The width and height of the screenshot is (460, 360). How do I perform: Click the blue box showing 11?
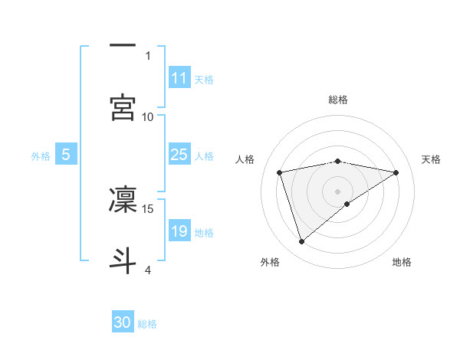click(x=179, y=78)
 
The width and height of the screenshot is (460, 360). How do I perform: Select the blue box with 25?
click(x=179, y=155)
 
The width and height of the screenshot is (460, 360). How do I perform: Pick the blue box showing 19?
click(x=179, y=231)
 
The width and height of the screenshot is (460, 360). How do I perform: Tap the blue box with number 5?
click(x=66, y=155)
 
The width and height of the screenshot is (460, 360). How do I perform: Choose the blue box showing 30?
click(x=123, y=322)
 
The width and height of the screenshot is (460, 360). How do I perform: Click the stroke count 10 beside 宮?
click(x=148, y=116)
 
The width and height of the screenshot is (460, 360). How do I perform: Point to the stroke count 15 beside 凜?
click(x=148, y=208)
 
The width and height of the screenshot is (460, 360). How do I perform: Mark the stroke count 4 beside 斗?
click(x=148, y=270)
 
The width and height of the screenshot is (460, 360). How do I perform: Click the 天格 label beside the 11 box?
click(x=204, y=79)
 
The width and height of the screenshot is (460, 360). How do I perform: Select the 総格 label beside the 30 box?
click(x=147, y=324)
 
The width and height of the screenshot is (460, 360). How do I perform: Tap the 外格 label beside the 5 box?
click(x=41, y=155)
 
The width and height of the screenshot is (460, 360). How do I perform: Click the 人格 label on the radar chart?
click(x=245, y=159)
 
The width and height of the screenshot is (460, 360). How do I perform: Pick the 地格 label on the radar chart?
click(x=402, y=262)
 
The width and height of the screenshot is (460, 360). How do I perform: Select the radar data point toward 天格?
click(x=396, y=172)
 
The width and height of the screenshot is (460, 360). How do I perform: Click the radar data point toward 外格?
click(x=301, y=242)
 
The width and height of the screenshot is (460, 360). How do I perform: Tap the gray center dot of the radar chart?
click(x=338, y=191)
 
